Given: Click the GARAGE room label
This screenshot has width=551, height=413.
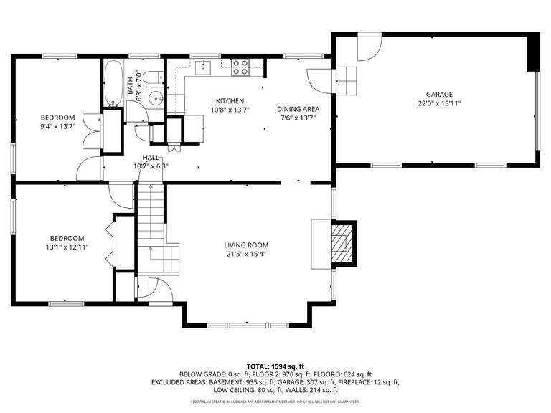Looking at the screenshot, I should [x=439, y=95].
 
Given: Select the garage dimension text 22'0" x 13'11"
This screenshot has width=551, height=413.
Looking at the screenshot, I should [x=439, y=103].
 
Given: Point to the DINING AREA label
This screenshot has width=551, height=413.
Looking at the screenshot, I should [x=298, y=110].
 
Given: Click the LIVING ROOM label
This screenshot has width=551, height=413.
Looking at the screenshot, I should [x=245, y=245].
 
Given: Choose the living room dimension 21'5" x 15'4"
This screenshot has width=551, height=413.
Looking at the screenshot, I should [x=245, y=253].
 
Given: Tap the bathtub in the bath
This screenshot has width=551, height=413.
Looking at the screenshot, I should [x=113, y=83].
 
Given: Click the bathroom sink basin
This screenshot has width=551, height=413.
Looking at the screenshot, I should [x=155, y=99].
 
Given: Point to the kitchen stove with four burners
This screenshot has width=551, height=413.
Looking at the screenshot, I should [x=240, y=67].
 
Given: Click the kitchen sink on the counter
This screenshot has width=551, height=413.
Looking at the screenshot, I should [x=203, y=67].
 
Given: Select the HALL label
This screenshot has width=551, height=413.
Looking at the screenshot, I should [x=151, y=157].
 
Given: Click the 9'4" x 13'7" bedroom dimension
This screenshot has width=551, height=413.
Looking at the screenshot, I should [x=57, y=126].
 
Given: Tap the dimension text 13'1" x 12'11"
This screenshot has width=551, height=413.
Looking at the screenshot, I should [x=67, y=247].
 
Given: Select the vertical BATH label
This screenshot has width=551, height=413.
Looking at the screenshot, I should [x=131, y=86].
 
